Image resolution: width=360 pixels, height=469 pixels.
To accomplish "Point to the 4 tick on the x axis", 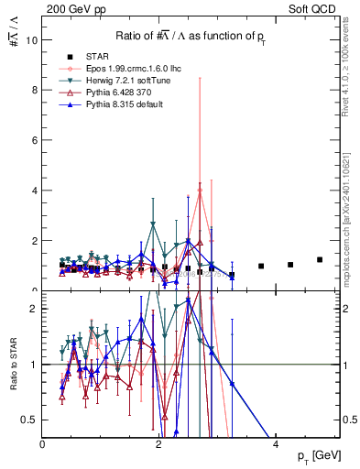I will (x=276, y=445).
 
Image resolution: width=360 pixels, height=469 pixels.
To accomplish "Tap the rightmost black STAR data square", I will (x=320, y=259).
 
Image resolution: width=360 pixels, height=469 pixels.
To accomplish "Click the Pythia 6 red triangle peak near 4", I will (x=200, y=191).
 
